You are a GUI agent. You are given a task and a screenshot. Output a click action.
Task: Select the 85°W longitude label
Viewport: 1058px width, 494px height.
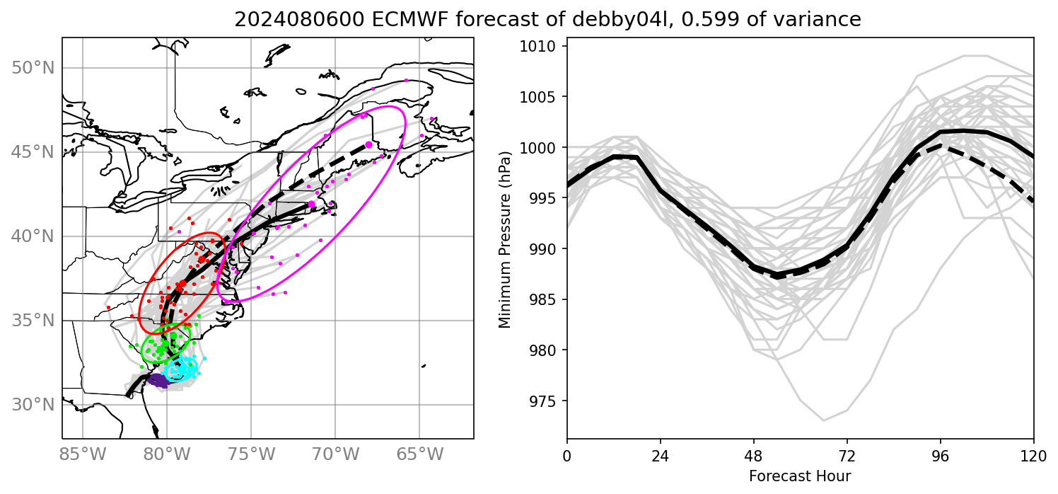(x=83, y=453)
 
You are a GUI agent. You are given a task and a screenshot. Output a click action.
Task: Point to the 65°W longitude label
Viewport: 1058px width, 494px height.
(x=419, y=453)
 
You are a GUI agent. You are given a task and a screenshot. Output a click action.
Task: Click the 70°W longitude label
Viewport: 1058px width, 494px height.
(x=335, y=453)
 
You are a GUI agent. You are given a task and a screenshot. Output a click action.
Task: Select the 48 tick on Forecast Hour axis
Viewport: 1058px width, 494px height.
(x=754, y=453)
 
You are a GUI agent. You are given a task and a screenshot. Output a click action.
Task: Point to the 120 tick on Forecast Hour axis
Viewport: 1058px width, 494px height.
(x=1034, y=453)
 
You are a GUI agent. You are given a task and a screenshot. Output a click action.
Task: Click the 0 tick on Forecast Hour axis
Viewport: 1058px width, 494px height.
(x=567, y=453)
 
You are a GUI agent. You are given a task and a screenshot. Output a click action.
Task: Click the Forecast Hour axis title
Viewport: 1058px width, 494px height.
(x=800, y=476)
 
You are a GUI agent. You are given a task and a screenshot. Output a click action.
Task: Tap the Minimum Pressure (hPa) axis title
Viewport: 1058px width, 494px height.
(x=504, y=238)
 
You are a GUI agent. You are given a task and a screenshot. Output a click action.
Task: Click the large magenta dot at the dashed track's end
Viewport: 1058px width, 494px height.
(x=368, y=144)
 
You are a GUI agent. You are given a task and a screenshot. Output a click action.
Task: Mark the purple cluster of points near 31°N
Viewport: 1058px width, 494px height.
(x=161, y=381)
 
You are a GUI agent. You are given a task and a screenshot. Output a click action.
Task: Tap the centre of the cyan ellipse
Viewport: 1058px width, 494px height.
(x=180, y=368)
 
